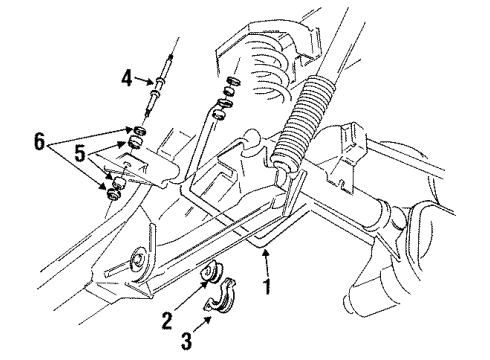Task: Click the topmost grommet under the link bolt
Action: coord(140,131)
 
